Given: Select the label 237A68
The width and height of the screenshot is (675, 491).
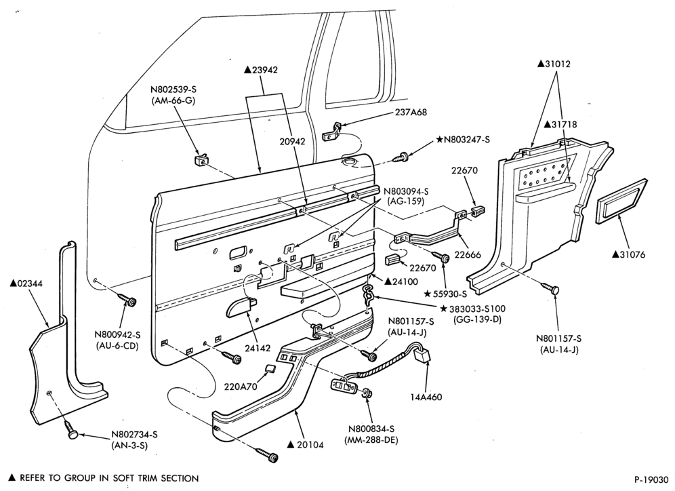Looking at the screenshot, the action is (411, 112).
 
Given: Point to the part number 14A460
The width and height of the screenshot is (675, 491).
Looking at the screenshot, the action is (426, 397).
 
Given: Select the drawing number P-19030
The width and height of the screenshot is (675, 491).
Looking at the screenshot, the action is (651, 479).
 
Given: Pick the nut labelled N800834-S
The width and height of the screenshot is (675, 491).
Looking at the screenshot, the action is (367, 393).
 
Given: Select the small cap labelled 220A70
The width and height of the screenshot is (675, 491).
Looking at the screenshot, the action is (270, 369).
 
